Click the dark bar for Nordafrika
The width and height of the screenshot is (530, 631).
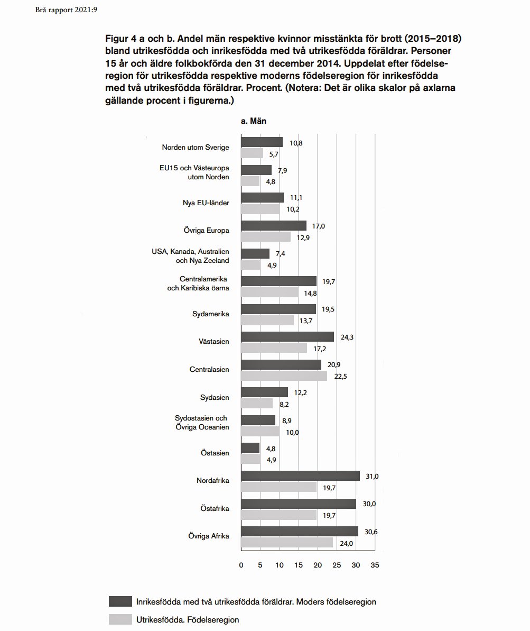click(x=300, y=476)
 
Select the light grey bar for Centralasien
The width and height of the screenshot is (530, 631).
click(x=284, y=376)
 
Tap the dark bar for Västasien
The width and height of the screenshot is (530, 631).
click(x=287, y=336)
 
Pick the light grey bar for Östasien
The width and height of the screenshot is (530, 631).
click(x=250, y=459)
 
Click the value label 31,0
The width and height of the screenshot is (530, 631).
click(x=372, y=476)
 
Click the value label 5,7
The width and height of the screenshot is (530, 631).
click(x=274, y=154)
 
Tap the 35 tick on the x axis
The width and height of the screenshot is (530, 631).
click(x=375, y=565)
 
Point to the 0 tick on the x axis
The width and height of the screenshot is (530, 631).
click(x=241, y=565)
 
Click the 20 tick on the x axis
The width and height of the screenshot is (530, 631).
click(x=318, y=565)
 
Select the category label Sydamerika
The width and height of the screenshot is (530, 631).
click(x=210, y=314)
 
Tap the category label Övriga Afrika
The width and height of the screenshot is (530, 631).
click(x=209, y=536)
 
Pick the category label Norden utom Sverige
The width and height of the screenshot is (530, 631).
click(x=196, y=148)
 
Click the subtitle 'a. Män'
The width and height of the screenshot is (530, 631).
click(x=254, y=121)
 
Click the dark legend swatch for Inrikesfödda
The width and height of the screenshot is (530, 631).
click(x=120, y=601)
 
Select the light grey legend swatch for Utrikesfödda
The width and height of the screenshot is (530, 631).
click(x=120, y=619)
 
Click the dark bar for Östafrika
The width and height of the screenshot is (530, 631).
click(x=299, y=504)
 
